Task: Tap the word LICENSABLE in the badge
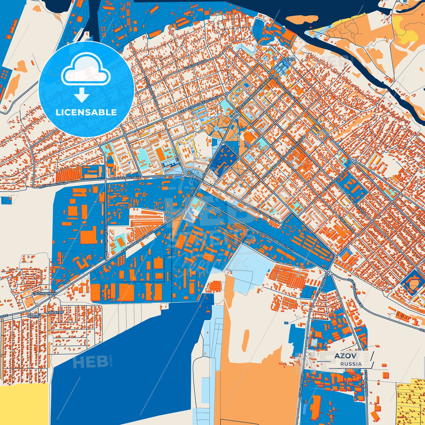point(86,112)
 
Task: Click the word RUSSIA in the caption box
point(351,364)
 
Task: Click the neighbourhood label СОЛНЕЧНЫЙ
point(44,294)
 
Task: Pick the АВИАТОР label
point(55,312)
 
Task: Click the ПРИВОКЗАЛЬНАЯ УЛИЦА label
point(262,212)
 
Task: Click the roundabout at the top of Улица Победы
point(328,271)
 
